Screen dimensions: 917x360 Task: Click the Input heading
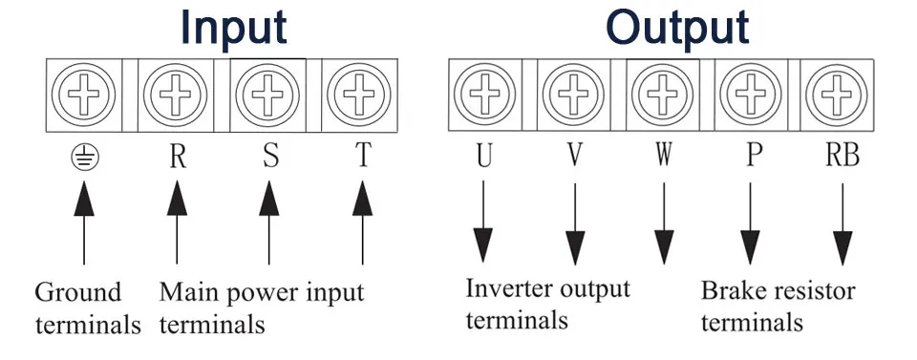point(233,27)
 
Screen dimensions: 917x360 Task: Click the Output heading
point(677,27)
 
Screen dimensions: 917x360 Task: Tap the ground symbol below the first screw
point(85,158)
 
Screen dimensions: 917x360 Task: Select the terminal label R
point(178,156)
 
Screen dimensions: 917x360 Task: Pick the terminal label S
point(270,156)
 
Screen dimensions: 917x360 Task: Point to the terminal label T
point(363,156)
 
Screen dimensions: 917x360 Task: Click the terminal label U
point(483,156)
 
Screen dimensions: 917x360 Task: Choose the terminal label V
point(575,156)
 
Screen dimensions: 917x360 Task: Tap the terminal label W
point(663,156)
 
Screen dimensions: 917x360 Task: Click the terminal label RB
point(842,156)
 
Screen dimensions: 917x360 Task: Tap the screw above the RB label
point(838,95)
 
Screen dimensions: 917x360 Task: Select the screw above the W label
point(663,95)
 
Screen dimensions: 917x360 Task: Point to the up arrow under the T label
point(363,222)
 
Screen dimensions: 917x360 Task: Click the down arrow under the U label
point(483,222)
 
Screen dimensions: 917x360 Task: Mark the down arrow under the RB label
point(842,224)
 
